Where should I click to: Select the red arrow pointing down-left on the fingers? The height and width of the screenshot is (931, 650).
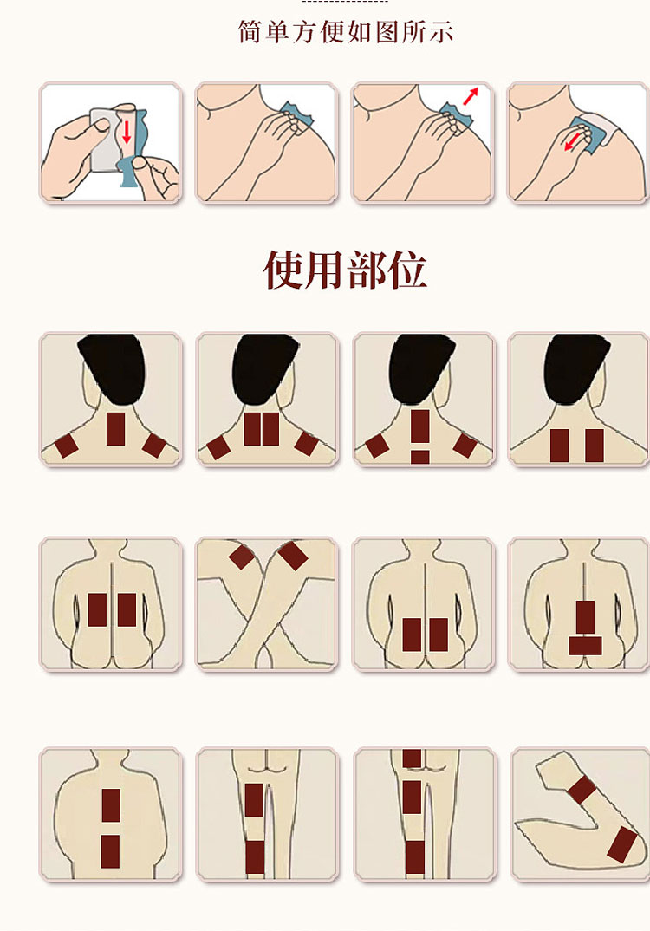573,142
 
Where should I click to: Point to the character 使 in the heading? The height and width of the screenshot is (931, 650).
283,270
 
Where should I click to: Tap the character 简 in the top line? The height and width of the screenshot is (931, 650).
250,32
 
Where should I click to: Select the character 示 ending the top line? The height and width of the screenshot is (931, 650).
441,32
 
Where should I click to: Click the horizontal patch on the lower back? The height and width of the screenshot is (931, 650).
585,646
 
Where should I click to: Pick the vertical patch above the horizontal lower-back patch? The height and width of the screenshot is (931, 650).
585,617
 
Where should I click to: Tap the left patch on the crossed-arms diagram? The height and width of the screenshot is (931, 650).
242,557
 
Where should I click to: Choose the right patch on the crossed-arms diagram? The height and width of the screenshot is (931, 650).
293,555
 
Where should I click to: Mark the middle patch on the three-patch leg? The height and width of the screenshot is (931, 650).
412,798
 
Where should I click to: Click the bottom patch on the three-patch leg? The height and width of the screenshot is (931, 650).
415,857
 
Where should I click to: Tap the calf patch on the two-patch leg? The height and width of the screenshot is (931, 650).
255,856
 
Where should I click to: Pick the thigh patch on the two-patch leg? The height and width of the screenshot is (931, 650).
254,800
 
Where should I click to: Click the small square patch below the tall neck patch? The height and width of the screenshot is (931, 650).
419,457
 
